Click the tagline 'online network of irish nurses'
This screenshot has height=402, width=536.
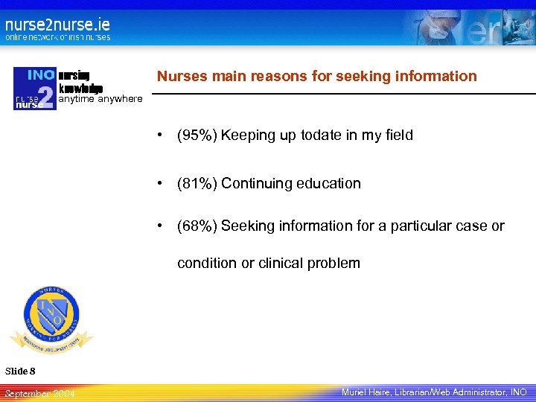(57, 37)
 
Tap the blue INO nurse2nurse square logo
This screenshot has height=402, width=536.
(34, 89)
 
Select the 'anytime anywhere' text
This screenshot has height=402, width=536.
(100, 99)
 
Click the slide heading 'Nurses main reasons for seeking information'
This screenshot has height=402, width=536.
(316, 76)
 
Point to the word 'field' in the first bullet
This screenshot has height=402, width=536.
(398, 135)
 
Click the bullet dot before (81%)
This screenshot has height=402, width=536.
(159, 183)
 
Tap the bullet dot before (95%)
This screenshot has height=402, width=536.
(159, 135)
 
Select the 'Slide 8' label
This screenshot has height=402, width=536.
(20, 371)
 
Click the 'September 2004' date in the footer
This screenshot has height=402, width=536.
(39, 392)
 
